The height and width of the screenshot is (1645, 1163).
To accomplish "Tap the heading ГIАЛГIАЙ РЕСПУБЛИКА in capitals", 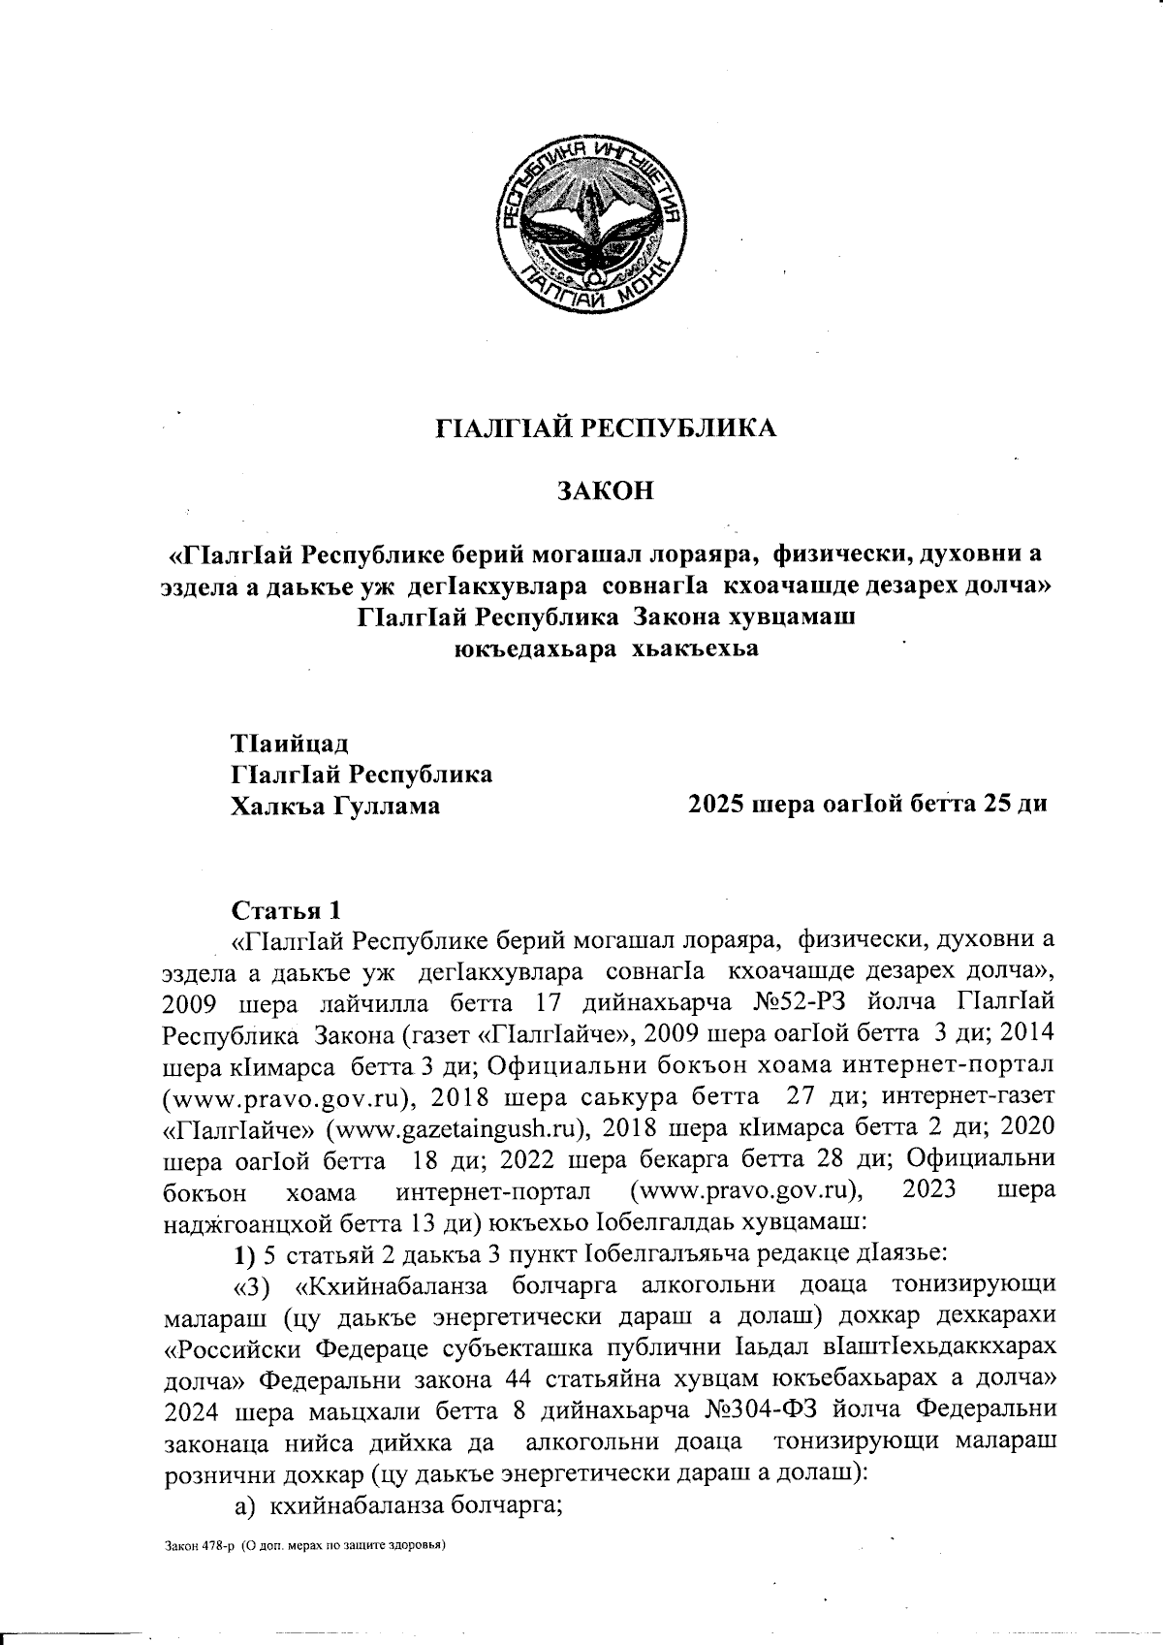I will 604,427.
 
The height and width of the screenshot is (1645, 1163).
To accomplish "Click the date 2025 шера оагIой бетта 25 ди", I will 866,805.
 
